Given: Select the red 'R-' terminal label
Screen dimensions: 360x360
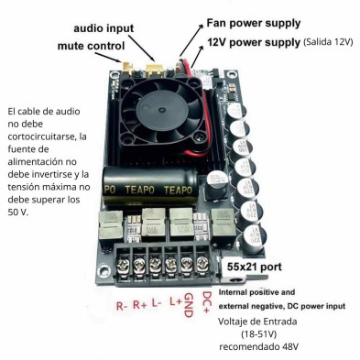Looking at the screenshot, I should tap(122, 306).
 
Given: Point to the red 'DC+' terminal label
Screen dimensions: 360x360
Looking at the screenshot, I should tap(207, 298).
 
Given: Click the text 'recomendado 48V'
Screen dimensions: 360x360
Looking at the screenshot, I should tap(266, 347).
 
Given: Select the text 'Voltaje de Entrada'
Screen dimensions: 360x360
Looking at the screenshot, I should tap(260, 322).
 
